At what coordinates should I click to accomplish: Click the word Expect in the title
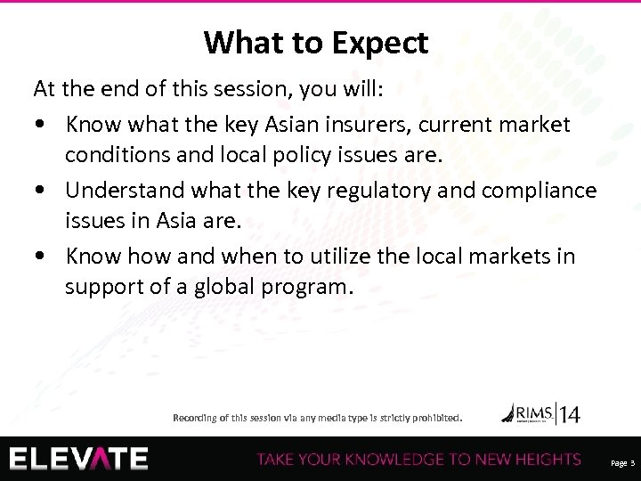point(381,42)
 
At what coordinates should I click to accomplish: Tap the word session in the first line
point(264,89)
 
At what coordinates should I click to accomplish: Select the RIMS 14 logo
point(540,413)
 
